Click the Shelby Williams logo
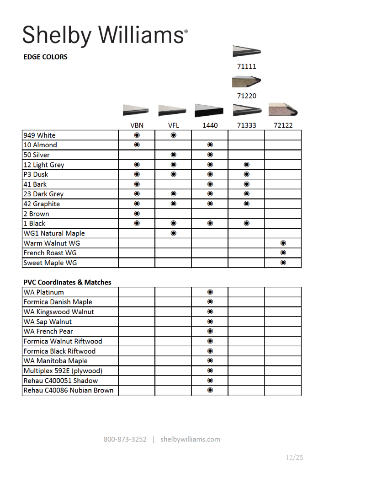(x=105, y=35)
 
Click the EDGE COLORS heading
(x=45, y=57)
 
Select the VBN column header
(x=137, y=125)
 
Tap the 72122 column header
(x=283, y=125)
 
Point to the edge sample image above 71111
(x=247, y=51)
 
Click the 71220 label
(x=247, y=96)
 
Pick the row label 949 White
(x=39, y=135)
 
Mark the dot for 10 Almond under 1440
(x=210, y=145)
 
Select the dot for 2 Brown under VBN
(x=137, y=214)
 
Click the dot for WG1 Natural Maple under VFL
(x=174, y=233)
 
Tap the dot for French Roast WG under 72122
(x=283, y=253)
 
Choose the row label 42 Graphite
(x=42, y=204)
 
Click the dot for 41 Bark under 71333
(x=247, y=184)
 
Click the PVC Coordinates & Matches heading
(x=67, y=282)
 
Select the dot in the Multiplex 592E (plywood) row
(x=210, y=371)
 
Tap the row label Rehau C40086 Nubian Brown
(x=69, y=391)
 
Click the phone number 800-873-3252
(x=125, y=440)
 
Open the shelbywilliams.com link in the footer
(x=190, y=440)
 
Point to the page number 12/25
(x=294, y=457)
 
